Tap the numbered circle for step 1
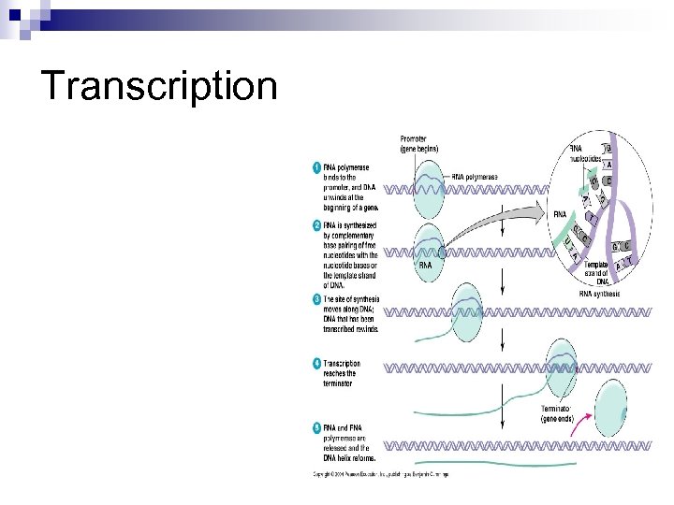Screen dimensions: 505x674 click(315, 168)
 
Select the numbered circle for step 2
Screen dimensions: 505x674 click(315, 226)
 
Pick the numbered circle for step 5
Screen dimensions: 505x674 click(315, 428)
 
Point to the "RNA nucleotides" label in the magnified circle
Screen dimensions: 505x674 click(588, 152)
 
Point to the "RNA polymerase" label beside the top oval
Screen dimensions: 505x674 click(475, 177)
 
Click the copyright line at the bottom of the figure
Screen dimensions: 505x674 click(380, 475)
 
